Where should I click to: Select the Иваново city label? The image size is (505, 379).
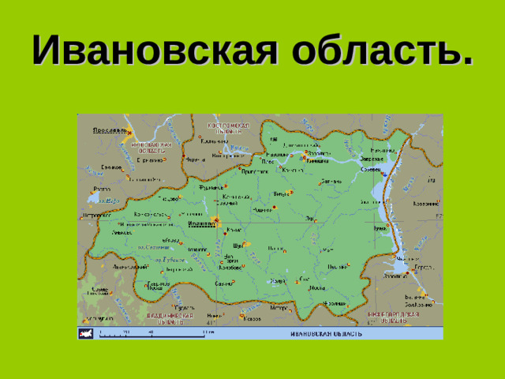(203, 224)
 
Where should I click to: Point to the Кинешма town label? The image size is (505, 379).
(317, 160)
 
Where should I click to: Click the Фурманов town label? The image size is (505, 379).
(211, 188)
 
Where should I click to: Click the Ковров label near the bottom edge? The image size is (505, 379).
(252, 319)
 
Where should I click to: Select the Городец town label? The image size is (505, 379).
(422, 267)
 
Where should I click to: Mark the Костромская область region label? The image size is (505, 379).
(228, 128)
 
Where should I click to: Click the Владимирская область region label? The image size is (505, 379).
(170, 317)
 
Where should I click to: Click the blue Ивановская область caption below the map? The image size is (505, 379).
(327, 333)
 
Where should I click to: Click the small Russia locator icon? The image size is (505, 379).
(85, 333)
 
